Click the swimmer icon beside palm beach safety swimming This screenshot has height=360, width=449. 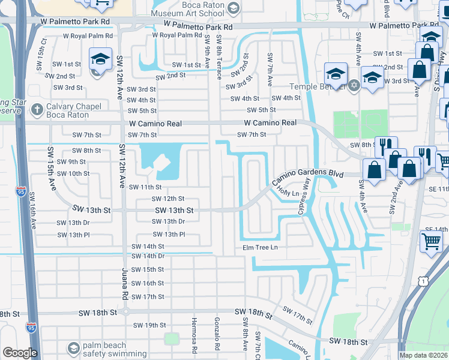73,348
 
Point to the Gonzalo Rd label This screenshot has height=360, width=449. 217,334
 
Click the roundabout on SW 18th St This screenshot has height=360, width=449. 125,312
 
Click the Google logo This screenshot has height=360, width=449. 19,353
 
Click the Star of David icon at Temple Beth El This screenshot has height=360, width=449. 354,85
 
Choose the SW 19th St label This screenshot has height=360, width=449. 149,325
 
